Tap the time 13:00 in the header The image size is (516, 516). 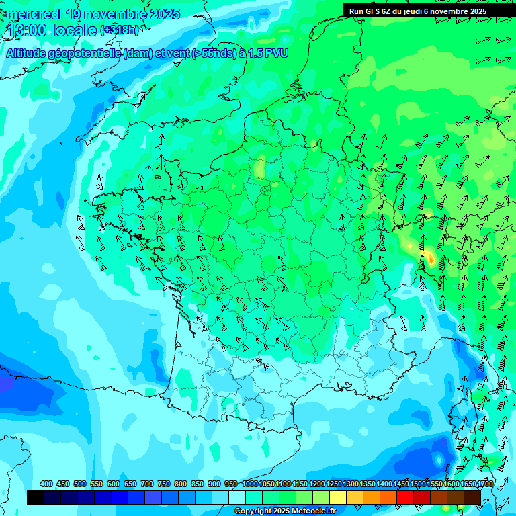(x=28, y=30)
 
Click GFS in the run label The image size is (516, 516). (x=373, y=11)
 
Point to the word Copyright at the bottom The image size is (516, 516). (x=253, y=511)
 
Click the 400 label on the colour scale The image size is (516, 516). (x=46, y=484)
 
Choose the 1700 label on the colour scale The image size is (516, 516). (x=468, y=484)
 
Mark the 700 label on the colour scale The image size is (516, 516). (x=147, y=484)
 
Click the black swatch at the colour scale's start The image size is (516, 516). (x=36, y=497)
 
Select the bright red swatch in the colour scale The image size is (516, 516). (x=405, y=497)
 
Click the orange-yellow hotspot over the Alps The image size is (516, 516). (x=428, y=256)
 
